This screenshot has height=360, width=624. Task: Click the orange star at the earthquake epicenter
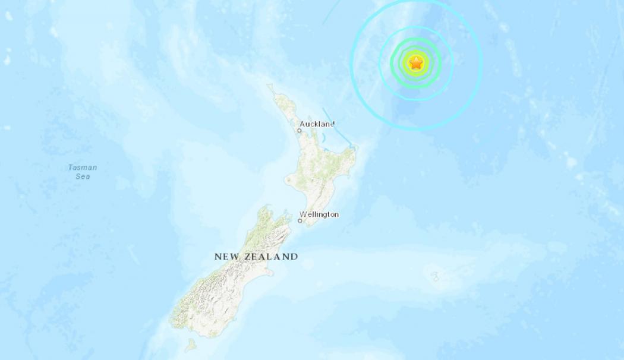pos(416,62)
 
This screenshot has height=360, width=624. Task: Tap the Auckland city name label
pos(317,124)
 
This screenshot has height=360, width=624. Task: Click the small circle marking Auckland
pos(300,131)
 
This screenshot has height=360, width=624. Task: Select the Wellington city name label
pos(319,214)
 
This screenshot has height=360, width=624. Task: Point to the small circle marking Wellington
pos(300,221)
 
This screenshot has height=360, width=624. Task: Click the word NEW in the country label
pos(226,257)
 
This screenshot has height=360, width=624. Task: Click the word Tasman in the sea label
pos(83,168)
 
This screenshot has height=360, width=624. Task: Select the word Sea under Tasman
pos(83,176)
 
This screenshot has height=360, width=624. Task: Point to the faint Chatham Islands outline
pos(435,276)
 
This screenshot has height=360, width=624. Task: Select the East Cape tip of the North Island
pos(355,148)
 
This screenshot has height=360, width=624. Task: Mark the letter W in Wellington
pos(303,214)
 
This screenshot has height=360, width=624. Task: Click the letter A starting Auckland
pos(302,124)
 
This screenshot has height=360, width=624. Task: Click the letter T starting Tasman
pos(71,168)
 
